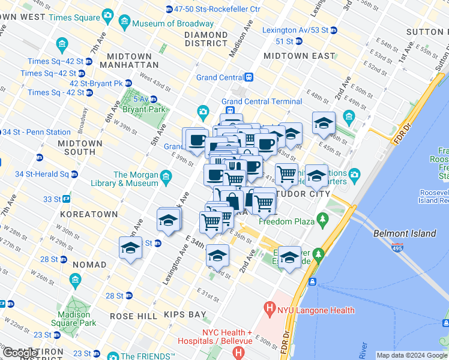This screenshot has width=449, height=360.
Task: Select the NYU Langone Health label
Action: coord(316,310)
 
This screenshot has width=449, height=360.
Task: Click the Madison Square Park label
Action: coord(77,319)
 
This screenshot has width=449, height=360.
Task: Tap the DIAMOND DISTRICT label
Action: coord(206,39)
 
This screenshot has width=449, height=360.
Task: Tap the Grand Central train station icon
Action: coord(249,77)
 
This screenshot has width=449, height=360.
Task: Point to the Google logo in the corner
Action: coord(20,353)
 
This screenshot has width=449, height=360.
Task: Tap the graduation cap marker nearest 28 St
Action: coord(131,247)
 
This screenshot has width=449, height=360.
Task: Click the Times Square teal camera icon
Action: coord(107,14)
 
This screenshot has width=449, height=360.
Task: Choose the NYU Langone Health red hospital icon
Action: coord(269,310)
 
